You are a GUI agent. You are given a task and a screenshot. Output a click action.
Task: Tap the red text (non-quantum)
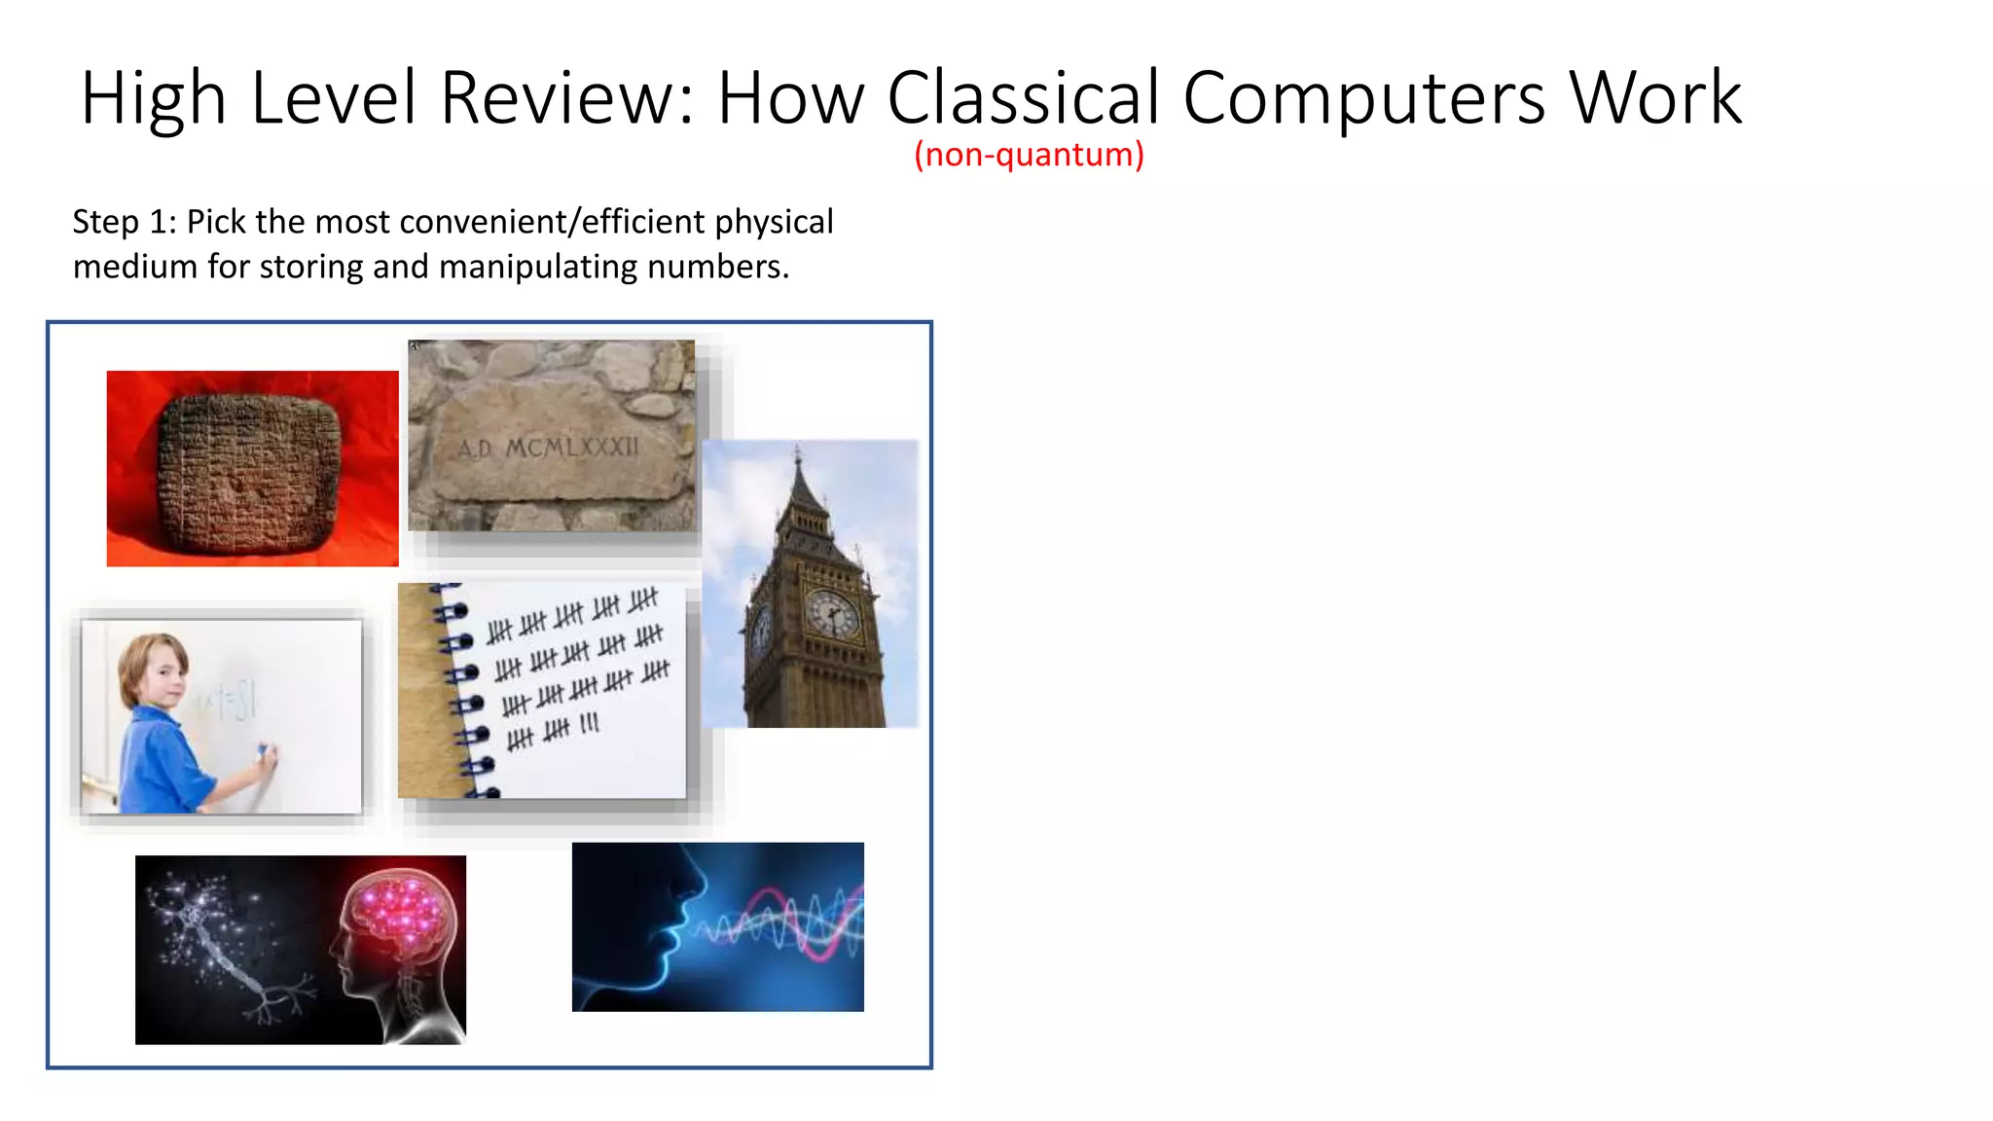tap(1029, 154)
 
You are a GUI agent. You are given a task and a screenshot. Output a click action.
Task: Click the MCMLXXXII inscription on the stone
tap(572, 448)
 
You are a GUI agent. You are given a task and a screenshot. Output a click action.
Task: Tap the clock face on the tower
tap(832, 614)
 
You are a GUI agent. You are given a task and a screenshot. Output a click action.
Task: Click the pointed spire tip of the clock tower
tap(797, 452)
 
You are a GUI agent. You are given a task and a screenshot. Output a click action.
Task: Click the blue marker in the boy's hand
tap(261, 751)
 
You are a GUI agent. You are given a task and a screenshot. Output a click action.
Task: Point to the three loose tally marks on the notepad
tap(590, 724)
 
